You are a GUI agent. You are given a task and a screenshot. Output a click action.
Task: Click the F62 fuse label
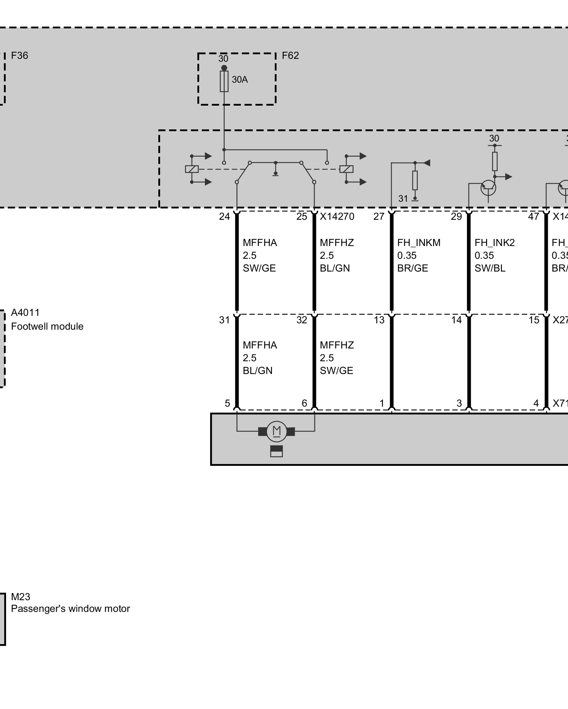coord(290,56)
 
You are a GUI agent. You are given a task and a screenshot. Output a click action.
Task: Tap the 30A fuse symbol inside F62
coord(224,81)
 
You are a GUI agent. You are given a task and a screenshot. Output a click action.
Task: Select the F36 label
coord(20,56)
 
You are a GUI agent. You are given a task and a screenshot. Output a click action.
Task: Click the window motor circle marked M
coord(277,431)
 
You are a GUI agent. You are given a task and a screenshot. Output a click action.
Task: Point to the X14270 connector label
coord(337,217)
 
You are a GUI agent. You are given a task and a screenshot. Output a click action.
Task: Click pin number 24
coord(224,217)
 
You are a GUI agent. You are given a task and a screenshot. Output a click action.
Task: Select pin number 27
coord(379,217)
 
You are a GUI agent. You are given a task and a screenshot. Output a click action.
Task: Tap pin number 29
coord(456,217)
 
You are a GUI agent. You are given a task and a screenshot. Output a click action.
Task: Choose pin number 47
coord(534,217)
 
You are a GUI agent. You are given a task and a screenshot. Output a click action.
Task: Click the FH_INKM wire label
coord(419,243)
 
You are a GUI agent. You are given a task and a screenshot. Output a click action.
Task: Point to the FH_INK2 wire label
coord(495,243)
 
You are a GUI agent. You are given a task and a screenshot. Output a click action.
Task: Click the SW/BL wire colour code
coord(490,268)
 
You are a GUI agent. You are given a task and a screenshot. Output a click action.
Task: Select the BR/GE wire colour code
coord(413,268)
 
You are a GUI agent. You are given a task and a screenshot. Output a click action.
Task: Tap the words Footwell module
coord(47,326)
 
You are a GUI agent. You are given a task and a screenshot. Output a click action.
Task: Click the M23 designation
coord(21,597)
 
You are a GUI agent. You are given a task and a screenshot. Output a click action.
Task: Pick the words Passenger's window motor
coord(70,609)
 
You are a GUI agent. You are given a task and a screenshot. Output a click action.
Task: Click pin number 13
coord(379,320)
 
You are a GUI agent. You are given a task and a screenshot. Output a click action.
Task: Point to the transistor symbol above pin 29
coord(488,188)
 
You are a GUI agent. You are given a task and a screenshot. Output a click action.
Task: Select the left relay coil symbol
coord(192,169)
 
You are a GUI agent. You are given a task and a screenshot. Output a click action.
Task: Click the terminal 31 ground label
coord(403,199)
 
